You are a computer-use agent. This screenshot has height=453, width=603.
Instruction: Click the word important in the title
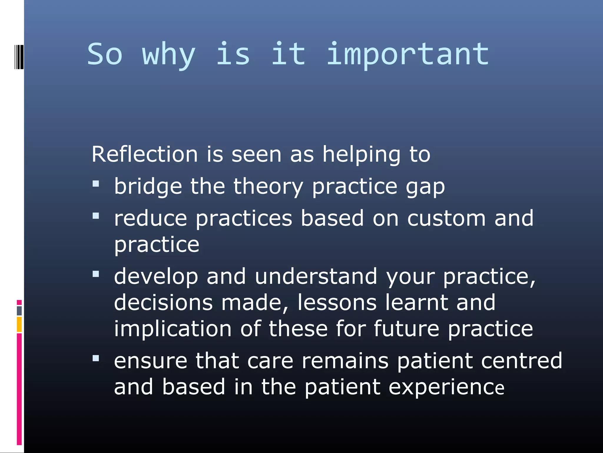tap(408, 55)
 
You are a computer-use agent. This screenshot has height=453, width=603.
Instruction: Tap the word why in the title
tap(169, 56)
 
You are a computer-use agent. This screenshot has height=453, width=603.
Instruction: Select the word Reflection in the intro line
tap(145, 154)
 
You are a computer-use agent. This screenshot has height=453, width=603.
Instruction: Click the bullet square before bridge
tap(96, 184)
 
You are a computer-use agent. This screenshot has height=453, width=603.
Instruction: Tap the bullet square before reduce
tap(96, 216)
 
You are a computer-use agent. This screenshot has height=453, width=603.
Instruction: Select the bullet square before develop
tap(96, 274)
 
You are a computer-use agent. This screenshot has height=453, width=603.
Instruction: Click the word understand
tap(316, 277)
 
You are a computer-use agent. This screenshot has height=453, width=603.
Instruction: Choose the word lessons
tap(337, 303)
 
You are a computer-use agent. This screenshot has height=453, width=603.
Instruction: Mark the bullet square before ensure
tap(96, 358)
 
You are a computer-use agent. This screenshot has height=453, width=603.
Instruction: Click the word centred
tap(521, 361)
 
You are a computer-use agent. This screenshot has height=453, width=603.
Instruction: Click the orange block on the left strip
tap(19, 324)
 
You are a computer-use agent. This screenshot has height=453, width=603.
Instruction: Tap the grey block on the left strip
tap(19, 311)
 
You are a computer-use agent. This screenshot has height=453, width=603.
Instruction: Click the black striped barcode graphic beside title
tap(19, 57)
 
